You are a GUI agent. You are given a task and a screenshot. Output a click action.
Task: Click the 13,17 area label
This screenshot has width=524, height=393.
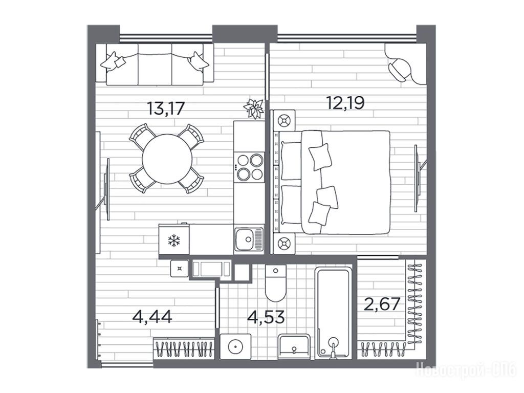pos(166,108)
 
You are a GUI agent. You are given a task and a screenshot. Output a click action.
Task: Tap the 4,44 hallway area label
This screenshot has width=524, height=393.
pos(152,316)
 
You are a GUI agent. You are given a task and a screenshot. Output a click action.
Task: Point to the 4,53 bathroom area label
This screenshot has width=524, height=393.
pos(266,316)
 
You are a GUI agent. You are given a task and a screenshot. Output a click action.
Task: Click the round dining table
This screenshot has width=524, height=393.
pos(167,159)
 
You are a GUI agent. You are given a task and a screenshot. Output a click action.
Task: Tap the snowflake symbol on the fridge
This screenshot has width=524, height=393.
pos(174,241)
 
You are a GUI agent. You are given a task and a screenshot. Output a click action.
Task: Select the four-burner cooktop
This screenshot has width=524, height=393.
pos(249,167)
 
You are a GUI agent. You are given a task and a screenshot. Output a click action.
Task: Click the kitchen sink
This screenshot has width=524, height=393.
pos(249,239)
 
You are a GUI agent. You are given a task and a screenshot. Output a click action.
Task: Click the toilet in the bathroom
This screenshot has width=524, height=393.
pos(276,283)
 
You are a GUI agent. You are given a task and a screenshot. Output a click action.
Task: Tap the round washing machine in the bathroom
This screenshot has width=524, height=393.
pos(235,346)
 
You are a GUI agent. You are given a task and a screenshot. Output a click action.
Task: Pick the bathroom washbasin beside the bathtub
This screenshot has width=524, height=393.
pos(294,347)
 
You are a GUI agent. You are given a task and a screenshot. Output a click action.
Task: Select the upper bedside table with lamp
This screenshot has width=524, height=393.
pos(285,120)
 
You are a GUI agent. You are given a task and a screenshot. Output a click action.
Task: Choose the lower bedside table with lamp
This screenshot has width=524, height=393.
pos(285,243)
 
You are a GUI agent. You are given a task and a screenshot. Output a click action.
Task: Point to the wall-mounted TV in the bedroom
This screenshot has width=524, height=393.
pos(417,178)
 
